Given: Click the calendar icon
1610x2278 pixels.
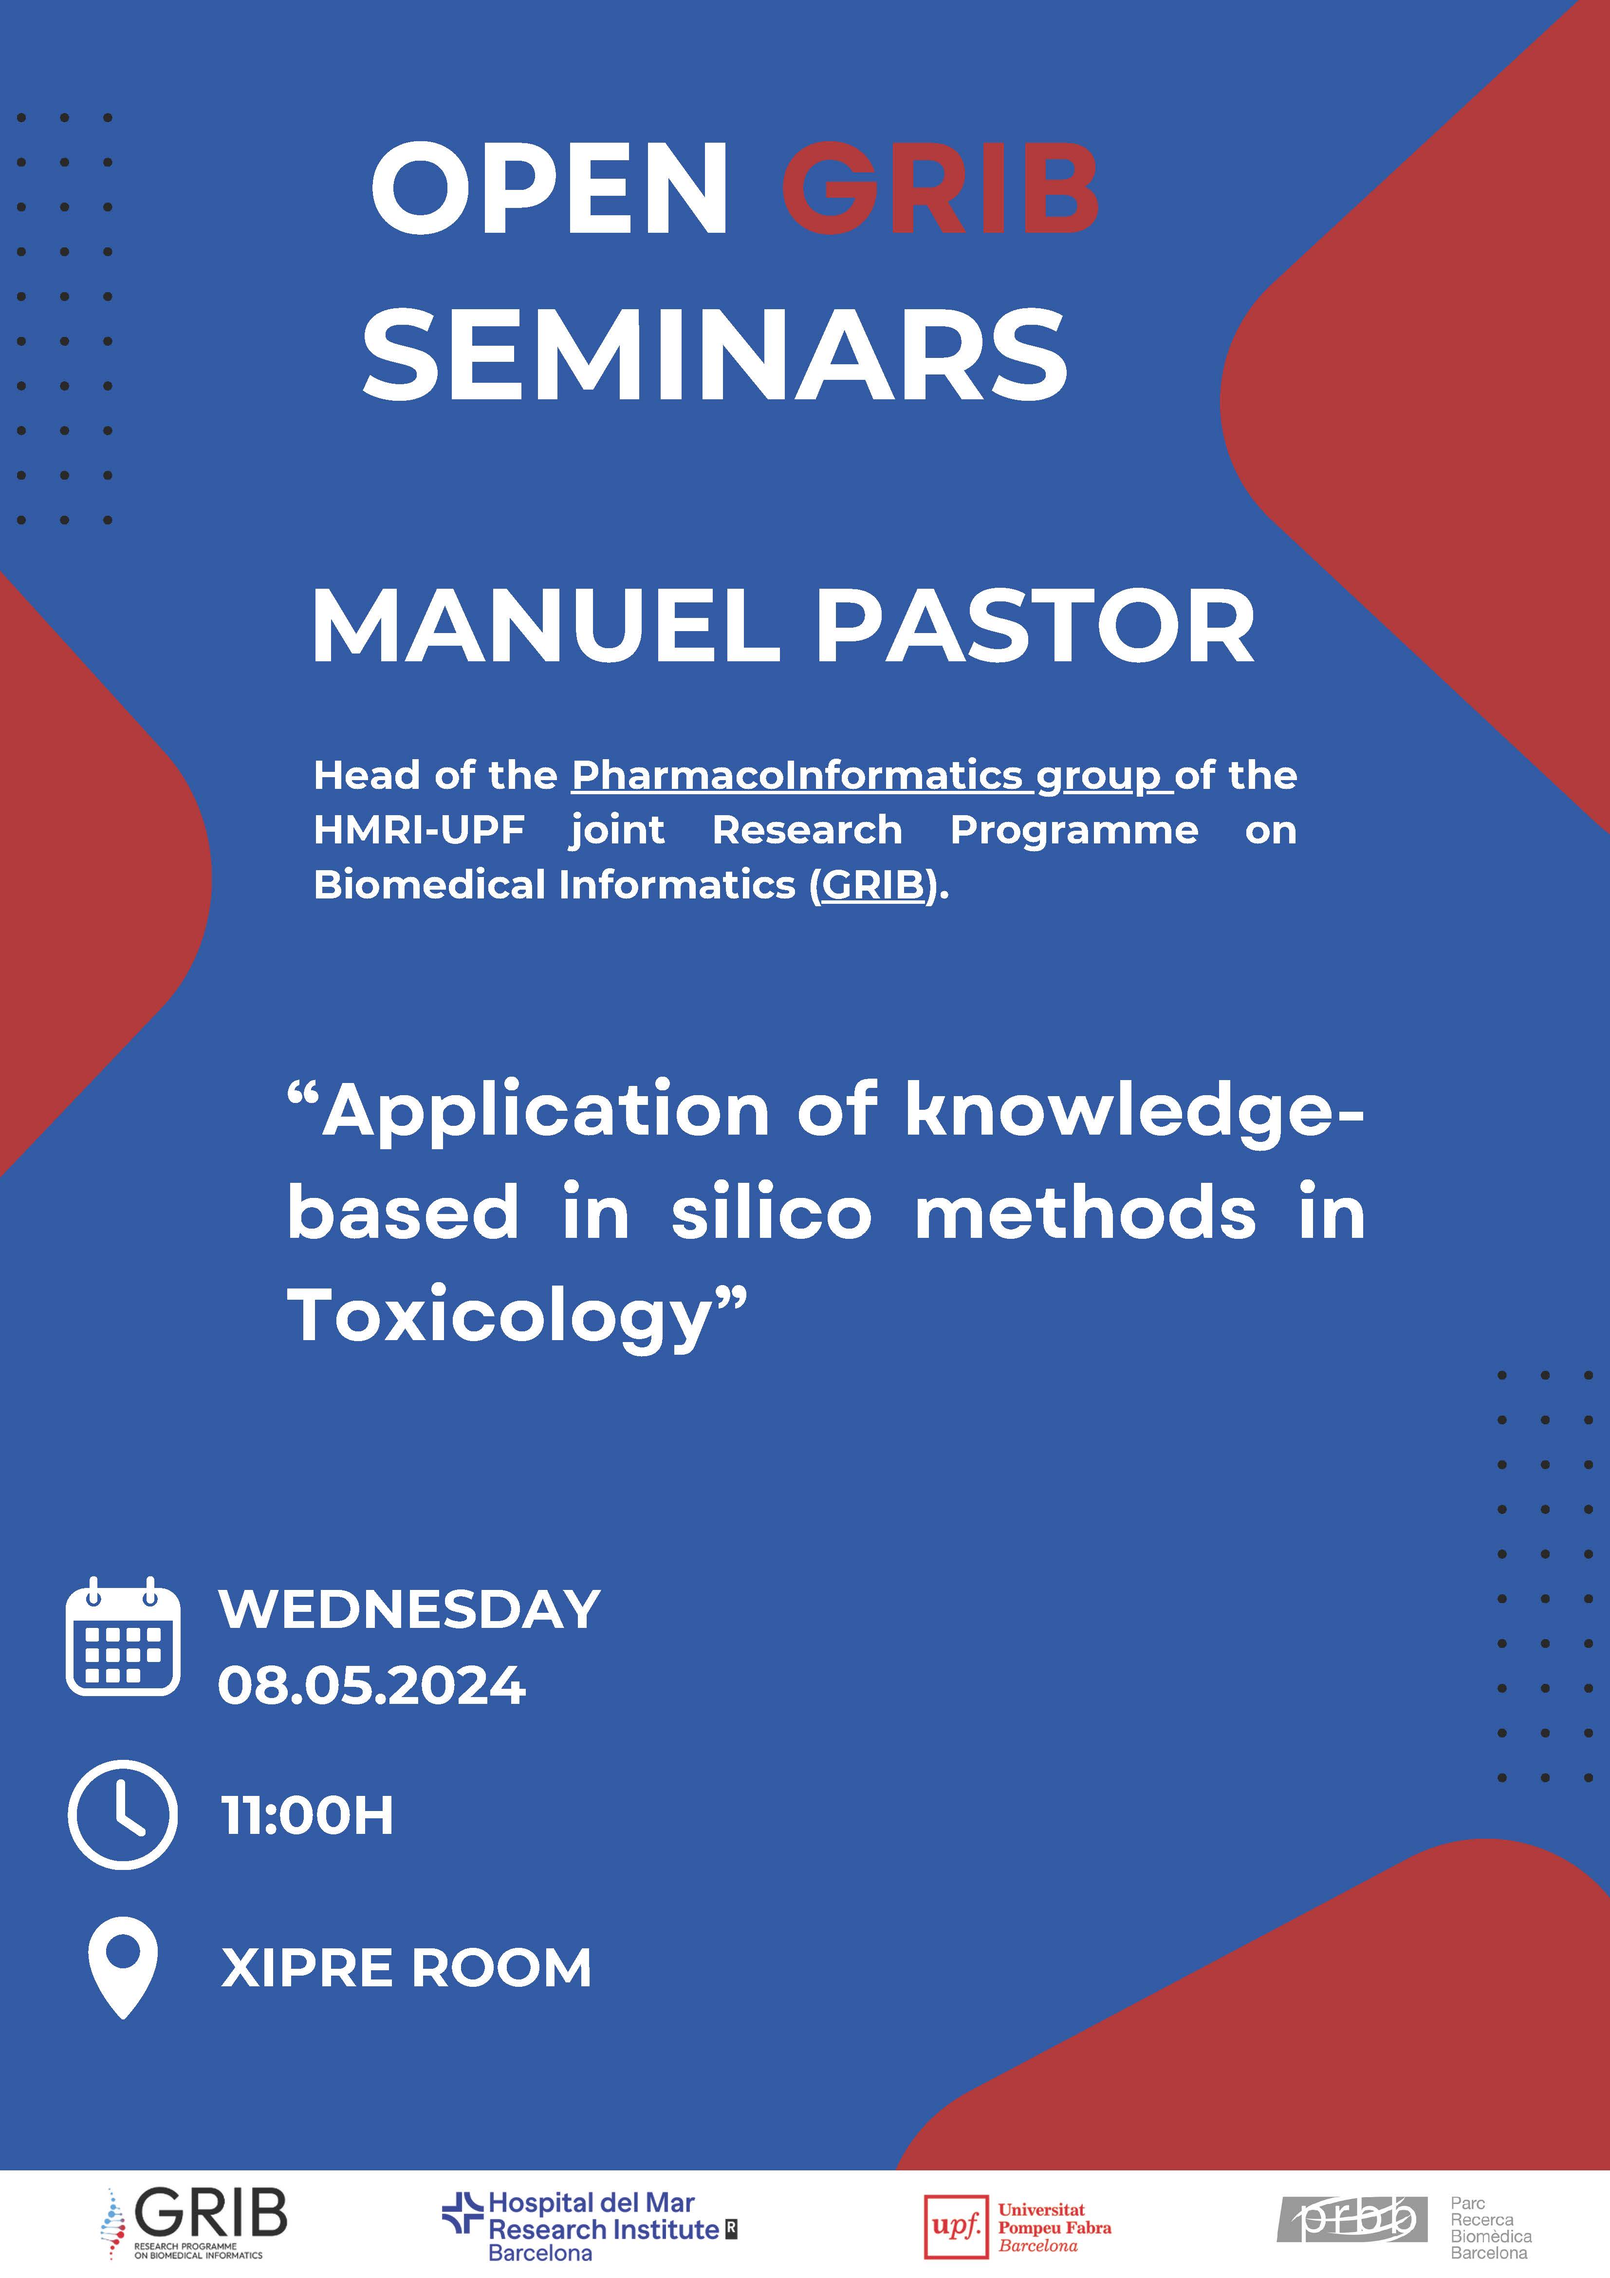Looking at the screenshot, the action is pyautogui.click(x=123, y=1635).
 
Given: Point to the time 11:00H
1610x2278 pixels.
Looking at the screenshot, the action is pyautogui.click(x=308, y=1815).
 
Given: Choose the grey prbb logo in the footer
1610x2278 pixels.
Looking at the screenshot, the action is pyautogui.click(x=1352, y=2220).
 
